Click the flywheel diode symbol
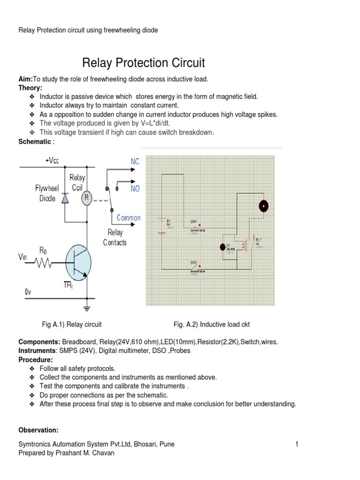tap(65, 198)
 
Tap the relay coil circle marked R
tap(87, 198)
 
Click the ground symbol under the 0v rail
tap(87, 308)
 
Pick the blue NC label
tap(135, 162)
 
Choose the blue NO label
tap(135, 188)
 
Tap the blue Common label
tap(128, 218)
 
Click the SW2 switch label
tap(193, 262)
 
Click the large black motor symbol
tap(264, 206)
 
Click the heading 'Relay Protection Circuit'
tap(143, 63)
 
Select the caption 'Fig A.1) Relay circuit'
tap(72, 324)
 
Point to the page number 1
tap(297, 444)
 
